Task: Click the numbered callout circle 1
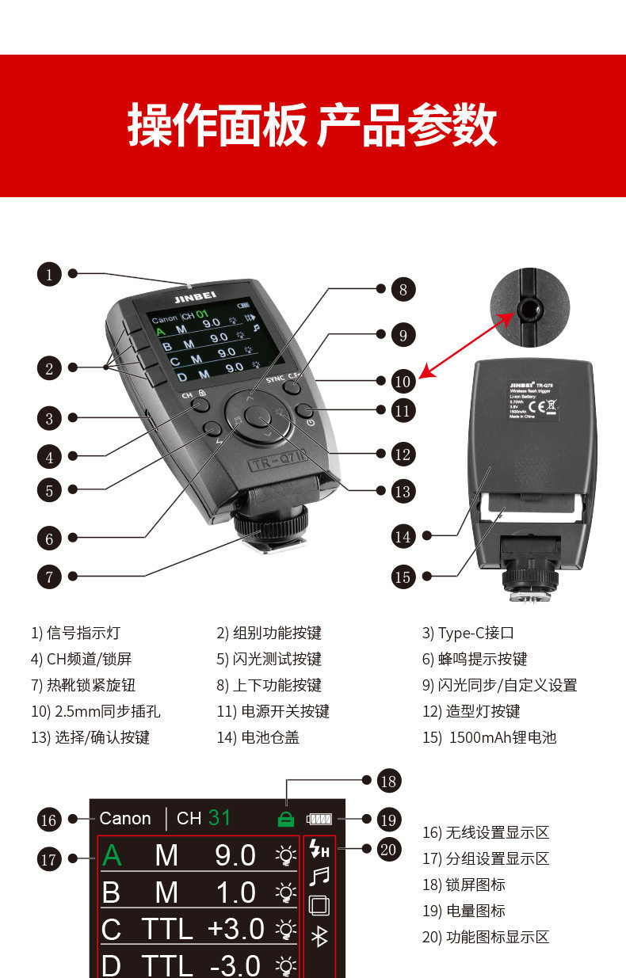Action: [x=49, y=275]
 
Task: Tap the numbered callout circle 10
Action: [x=403, y=381]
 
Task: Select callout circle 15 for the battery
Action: [x=403, y=577]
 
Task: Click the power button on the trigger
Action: [x=306, y=410]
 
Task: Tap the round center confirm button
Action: [x=257, y=417]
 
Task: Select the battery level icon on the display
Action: [x=320, y=819]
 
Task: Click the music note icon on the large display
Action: [x=319, y=877]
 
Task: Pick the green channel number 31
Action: [x=219, y=818]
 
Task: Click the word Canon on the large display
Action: [x=125, y=819]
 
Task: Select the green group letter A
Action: [x=113, y=855]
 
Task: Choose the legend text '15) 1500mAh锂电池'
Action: [x=489, y=737]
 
